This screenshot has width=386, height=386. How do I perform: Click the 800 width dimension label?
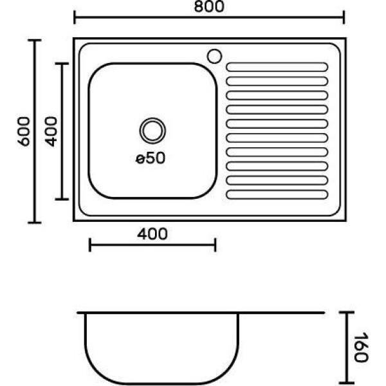(x=209, y=6)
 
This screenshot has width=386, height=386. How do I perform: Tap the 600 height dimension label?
(x=24, y=131)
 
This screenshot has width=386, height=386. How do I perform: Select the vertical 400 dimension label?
(x=51, y=131)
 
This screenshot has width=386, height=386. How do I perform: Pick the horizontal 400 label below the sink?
(x=152, y=234)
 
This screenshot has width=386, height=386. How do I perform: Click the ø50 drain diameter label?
(x=151, y=158)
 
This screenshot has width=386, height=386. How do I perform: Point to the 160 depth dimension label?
(x=361, y=347)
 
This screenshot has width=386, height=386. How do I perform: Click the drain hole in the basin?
(x=152, y=131)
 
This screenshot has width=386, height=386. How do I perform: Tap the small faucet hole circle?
(x=214, y=56)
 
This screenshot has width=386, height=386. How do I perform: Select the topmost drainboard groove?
(x=277, y=67)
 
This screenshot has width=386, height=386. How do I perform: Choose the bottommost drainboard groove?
(x=277, y=194)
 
